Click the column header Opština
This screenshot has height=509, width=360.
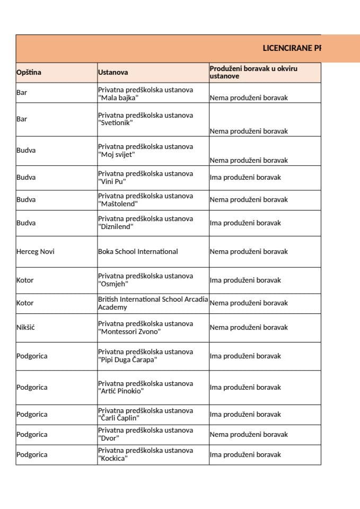pyautogui.click(x=29, y=73)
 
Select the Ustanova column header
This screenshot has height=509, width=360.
pyautogui.click(x=113, y=73)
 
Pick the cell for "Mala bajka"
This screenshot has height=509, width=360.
pyautogui.click(x=145, y=94)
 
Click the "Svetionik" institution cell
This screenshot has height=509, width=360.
pyautogui.click(x=145, y=119)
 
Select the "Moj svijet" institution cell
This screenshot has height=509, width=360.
pyautogui.click(x=145, y=151)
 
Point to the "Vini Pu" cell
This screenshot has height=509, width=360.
pyautogui.click(x=145, y=178)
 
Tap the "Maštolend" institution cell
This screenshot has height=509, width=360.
pyautogui.click(x=145, y=200)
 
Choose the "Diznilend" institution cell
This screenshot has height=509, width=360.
pyautogui.click(x=145, y=223)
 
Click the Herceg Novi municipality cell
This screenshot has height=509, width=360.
pyautogui.click(x=36, y=252)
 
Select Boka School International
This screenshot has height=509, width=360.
pyautogui.click(x=138, y=252)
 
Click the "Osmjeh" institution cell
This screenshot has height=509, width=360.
pyautogui.click(x=145, y=280)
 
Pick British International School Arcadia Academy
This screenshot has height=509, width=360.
pyautogui.click(x=153, y=303)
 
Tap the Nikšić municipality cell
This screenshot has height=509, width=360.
pyautogui.click(x=25, y=328)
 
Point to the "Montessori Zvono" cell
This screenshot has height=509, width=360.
pyautogui.click(x=145, y=328)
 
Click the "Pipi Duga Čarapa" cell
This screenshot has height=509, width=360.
pyautogui.click(x=145, y=356)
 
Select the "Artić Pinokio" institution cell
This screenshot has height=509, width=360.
pyautogui.click(x=145, y=388)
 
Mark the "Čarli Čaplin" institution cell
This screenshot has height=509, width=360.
pyautogui.click(x=145, y=415)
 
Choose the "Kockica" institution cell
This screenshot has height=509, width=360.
pyautogui.click(x=145, y=454)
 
